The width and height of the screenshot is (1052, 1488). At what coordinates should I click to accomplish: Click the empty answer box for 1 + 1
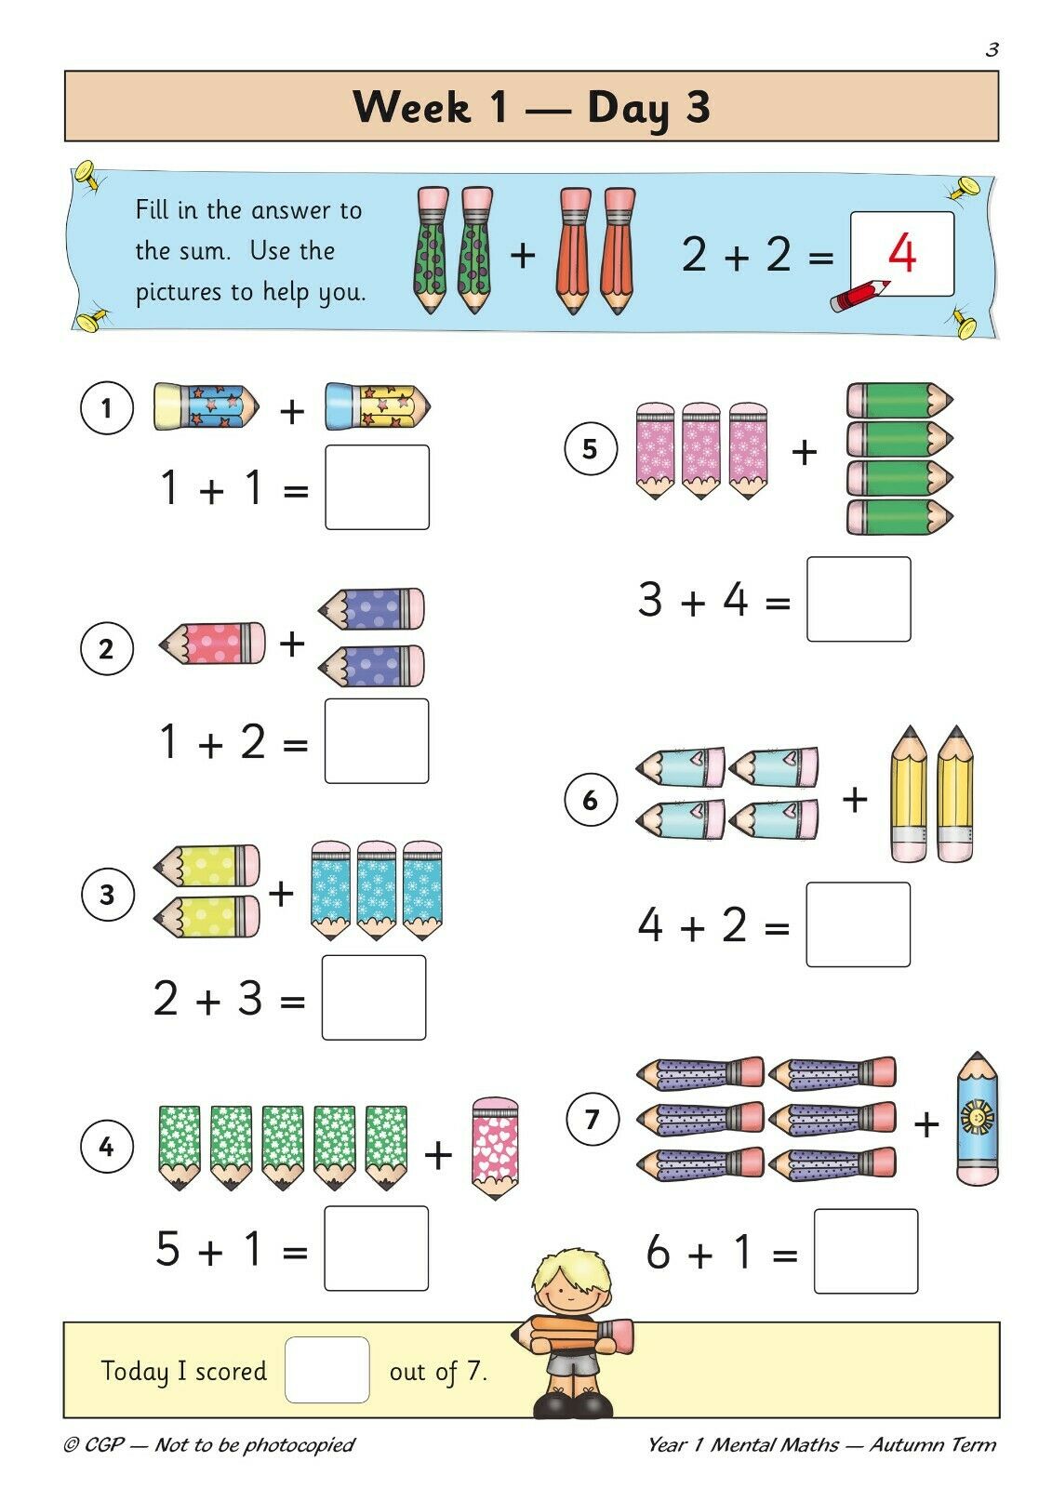tap(377, 487)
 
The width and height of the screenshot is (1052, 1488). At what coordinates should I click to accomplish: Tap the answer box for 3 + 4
tap(859, 599)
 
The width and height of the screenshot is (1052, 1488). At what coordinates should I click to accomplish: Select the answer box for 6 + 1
tap(866, 1252)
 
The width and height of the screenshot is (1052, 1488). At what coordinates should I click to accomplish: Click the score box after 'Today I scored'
tap(327, 1370)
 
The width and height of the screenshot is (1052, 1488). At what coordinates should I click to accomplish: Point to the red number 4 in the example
tap(902, 253)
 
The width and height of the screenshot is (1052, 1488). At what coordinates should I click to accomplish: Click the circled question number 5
tap(590, 448)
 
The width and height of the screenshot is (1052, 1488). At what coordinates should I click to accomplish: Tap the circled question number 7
tap(593, 1119)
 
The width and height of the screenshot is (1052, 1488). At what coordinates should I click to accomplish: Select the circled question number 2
tap(106, 648)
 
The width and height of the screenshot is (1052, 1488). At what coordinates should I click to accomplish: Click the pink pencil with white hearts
tap(495, 1148)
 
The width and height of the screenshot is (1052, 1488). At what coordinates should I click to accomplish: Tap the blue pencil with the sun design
tap(978, 1119)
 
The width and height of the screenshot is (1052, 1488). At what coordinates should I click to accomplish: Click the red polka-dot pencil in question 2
tap(212, 643)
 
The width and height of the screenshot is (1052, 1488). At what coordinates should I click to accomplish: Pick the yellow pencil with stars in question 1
tap(378, 405)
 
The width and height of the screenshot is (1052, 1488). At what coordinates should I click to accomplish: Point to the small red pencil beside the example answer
tap(859, 296)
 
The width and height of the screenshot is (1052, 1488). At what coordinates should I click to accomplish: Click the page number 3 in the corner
tap(992, 49)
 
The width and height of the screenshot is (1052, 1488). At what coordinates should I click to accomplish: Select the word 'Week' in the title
tap(412, 107)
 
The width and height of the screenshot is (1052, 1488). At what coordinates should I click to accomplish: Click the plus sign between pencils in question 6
tap(855, 799)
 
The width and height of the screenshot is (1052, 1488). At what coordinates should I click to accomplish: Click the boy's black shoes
tap(572, 1403)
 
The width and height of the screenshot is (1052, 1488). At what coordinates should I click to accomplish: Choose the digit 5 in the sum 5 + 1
tap(168, 1247)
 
